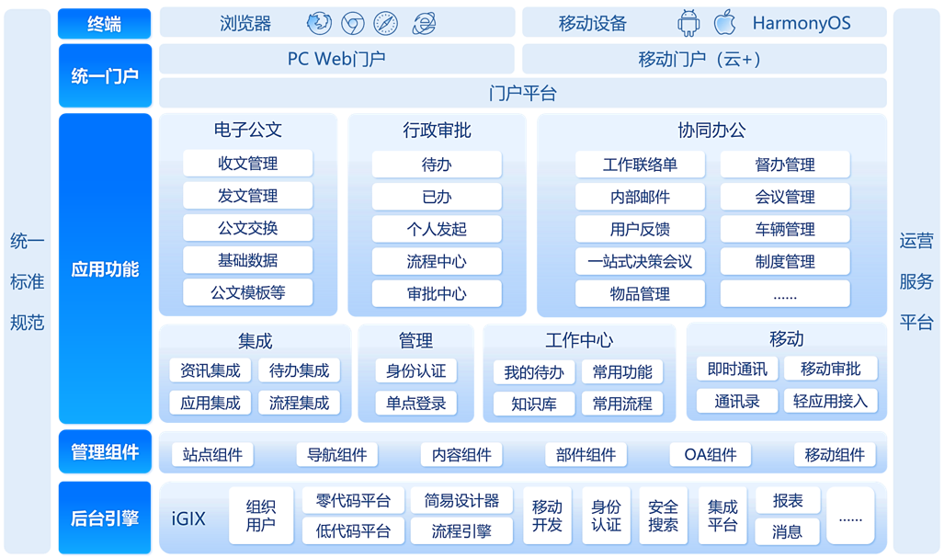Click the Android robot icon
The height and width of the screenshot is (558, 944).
[688, 23]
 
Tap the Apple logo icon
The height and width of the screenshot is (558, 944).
[725, 23]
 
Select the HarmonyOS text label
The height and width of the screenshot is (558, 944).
[801, 24]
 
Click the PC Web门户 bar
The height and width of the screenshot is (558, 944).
[336, 60]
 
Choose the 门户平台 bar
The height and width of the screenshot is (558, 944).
[522, 94]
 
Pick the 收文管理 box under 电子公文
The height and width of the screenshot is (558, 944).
[247, 165]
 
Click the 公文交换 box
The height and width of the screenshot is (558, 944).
[247, 229]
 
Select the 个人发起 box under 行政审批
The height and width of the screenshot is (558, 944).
[437, 229]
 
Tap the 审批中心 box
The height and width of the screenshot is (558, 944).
[437, 294]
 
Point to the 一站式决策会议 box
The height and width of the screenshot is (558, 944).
[640, 262]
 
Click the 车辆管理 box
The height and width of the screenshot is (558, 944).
[784, 229]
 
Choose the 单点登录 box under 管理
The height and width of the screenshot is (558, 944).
[415, 403]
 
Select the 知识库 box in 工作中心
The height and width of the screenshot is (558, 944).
[533, 404]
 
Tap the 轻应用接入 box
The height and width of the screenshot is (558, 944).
[830, 401]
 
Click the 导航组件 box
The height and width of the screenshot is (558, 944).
[336, 455]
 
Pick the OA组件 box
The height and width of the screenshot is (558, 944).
[710, 455]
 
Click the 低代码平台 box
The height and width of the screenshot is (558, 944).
[353, 531]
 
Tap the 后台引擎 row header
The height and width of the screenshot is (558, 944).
[105, 518]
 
